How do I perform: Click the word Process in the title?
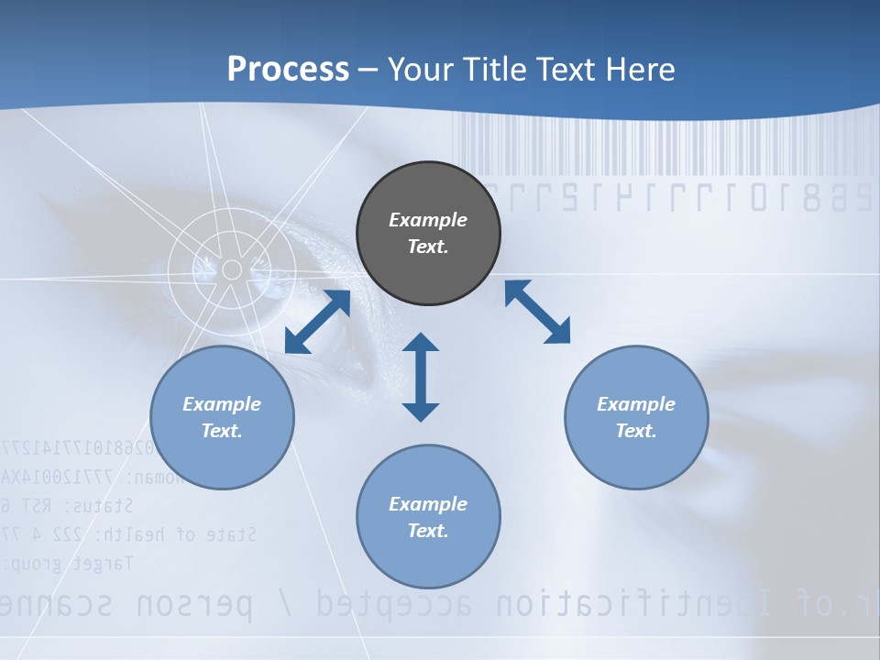pos(288,70)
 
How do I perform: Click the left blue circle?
pos(222,417)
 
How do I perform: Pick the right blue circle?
pos(636,417)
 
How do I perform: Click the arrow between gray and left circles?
pos(318,322)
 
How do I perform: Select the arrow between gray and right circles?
pos(537,312)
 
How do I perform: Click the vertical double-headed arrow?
pos(421,377)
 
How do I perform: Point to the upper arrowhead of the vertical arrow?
pos(421,343)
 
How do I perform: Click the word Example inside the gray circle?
pos(428,220)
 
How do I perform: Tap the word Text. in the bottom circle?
pos(428,531)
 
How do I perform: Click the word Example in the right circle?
pos(636,404)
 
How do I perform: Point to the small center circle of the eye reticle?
pos(232,269)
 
